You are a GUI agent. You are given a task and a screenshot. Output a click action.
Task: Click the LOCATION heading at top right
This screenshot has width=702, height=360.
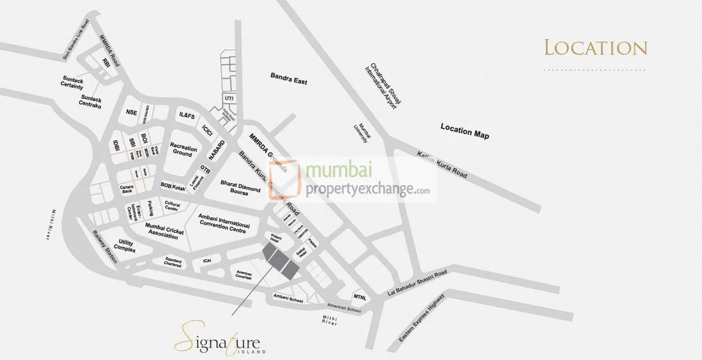[x=595, y=48]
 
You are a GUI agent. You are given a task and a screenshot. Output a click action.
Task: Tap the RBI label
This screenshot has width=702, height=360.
[x=106, y=62]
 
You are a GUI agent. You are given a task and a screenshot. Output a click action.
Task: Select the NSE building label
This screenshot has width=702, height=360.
[x=131, y=112]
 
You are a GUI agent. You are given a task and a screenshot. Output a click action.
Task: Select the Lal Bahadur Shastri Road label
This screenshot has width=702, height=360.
[x=416, y=283]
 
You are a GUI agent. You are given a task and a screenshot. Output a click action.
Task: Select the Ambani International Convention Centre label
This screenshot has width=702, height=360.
[x=224, y=222]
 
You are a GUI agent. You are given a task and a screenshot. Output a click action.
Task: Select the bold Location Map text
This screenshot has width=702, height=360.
[x=464, y=131]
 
